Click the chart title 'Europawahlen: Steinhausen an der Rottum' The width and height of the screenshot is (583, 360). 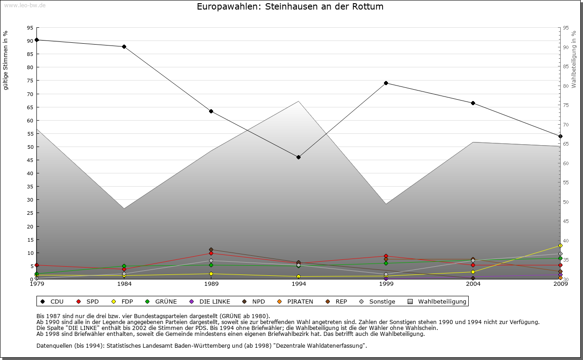coord(290,7)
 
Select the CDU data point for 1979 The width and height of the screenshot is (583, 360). coord(36,40)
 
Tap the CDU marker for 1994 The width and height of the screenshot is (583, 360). coord(298,157)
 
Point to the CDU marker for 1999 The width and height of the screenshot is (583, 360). coord(386,83)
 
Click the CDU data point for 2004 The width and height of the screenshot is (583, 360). coord(473,103)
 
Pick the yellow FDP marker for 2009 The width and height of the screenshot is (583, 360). coord(560,246)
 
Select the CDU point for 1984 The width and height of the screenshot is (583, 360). coord(124,46)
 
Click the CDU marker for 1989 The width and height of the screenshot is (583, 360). coord(211,112)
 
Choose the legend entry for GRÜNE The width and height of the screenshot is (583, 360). coord(165,301)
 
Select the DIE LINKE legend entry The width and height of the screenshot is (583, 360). coord(214,301)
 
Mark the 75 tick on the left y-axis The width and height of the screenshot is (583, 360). coord(30,81)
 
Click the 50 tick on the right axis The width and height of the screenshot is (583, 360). coord(566,202)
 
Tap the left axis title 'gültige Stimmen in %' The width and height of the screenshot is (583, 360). coord(6,60)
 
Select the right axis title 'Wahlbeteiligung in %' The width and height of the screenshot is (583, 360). coord(574,59)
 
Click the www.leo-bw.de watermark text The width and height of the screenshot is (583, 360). coord(25,5)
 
